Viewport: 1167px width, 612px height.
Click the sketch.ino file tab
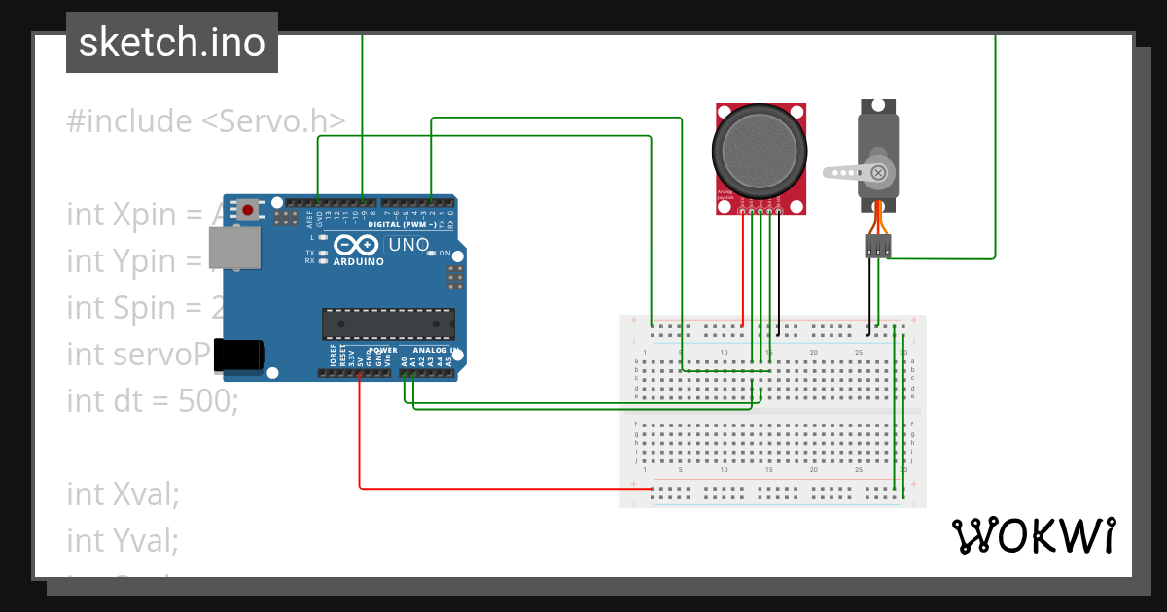(171, 43)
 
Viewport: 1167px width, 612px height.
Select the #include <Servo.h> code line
(205, 121)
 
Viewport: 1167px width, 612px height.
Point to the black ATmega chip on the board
(388, 324)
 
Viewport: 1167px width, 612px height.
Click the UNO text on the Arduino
(407, 245)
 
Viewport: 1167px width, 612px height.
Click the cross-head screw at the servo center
(879, 173)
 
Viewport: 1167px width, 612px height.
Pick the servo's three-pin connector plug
(878, 247)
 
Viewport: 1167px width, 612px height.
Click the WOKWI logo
(1033, 535)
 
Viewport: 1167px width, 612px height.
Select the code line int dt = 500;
(152, 400)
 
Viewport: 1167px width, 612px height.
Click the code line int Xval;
(123, 493)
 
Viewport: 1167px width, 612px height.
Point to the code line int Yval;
(123, 539)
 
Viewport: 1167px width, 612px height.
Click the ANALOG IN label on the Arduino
(433, 350)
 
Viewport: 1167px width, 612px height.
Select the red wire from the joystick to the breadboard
(743, 272)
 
